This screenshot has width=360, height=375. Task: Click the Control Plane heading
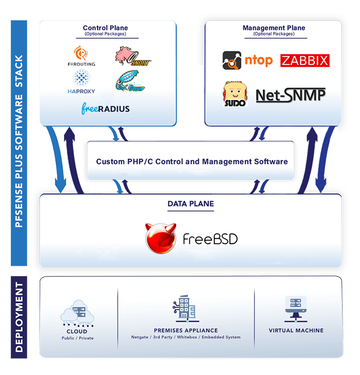(x=105, y=28)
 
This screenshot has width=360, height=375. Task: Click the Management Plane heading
(x=274, y=28)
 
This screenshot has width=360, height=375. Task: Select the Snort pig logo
(x=132, y=56)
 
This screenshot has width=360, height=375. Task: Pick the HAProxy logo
(x=82, y=82)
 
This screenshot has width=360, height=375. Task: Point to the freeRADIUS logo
(x=105, y=109)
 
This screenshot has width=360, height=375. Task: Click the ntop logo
(x=247, y=60)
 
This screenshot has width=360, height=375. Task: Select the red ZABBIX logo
(x=305, y=60)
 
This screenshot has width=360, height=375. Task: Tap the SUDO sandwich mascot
(x=235, y=94)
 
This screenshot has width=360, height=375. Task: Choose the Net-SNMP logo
(x=291, y=95)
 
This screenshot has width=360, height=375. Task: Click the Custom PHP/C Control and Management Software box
(x=192, y=162)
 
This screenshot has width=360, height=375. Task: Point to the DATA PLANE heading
(x=190, y=204)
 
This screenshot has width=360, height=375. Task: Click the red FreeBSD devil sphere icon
(x=160, y=239)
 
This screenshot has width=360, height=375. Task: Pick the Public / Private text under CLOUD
(x=77, y=338)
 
